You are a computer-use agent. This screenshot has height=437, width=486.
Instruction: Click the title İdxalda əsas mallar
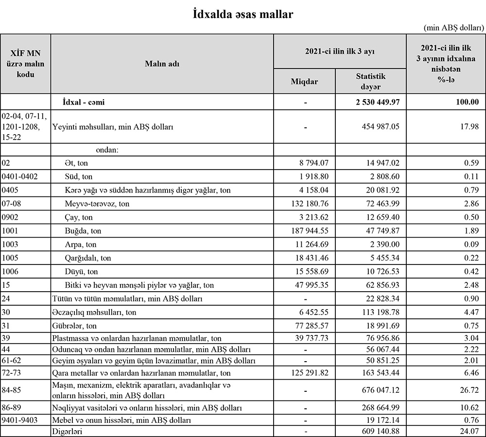(243, 14)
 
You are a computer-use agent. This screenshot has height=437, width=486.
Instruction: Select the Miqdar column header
(304, 81)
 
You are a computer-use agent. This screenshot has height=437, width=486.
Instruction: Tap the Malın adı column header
(162, 64)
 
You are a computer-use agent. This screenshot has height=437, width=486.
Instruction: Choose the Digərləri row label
(68, 431)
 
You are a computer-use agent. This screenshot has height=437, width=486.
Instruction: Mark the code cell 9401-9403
(20, 420)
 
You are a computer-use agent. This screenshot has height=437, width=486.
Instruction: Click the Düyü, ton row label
(81, 271)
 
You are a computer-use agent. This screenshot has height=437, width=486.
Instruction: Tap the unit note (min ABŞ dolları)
(453, 28)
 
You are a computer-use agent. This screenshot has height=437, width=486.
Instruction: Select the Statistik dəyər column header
(370, 81)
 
